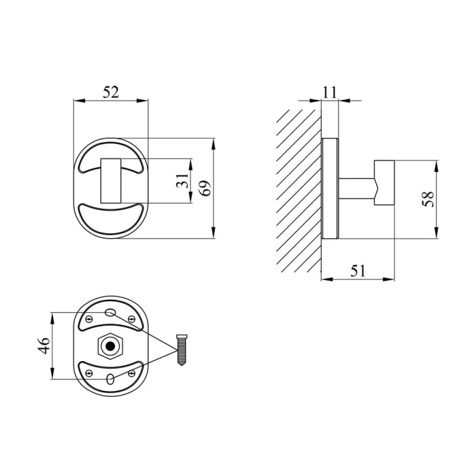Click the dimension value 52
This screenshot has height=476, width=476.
click(111, 92)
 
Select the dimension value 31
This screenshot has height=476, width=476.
click(182, 181)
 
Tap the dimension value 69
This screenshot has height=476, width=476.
click(205, 188)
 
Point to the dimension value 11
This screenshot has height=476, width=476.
click(329, 92)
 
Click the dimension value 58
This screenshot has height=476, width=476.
click(428, 199)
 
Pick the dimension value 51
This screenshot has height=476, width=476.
click(358, 271)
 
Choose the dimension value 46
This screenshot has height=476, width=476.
click(44, 345)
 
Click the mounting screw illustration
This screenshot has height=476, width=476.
click(182, 350)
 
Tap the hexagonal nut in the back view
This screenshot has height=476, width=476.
click(110, 345)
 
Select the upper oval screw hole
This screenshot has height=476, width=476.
click(110, 312)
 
